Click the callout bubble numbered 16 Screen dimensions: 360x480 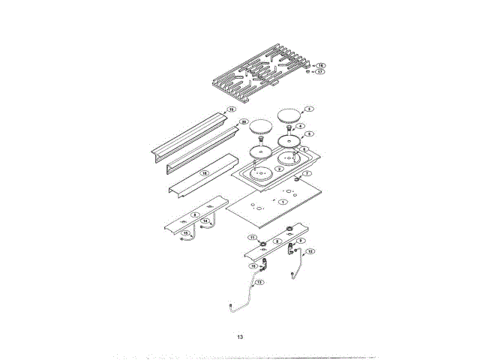click(x=319, y=66)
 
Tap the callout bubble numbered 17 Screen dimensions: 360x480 click(x=319, y=73)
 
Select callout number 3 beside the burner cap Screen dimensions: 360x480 click(x=309, y=109)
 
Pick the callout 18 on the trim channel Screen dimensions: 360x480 click(x=203, y=172)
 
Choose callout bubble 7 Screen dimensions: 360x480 click(x=307, y=173)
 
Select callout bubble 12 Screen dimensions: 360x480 click(x=310, y=251)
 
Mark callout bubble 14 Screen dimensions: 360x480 click(x=205, y=221)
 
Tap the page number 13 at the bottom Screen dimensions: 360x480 click(x=240, y=337)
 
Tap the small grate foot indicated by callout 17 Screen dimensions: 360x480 click(x=307, y=73)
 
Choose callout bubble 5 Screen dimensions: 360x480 click(x=309, y=133)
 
